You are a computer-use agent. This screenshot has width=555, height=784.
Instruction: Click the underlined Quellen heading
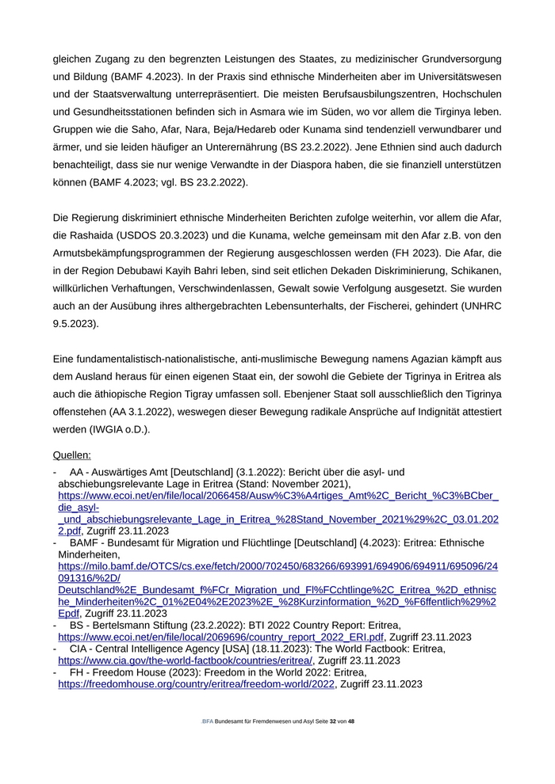click(71, 455)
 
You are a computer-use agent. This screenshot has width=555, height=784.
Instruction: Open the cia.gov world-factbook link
click(186, 660)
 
